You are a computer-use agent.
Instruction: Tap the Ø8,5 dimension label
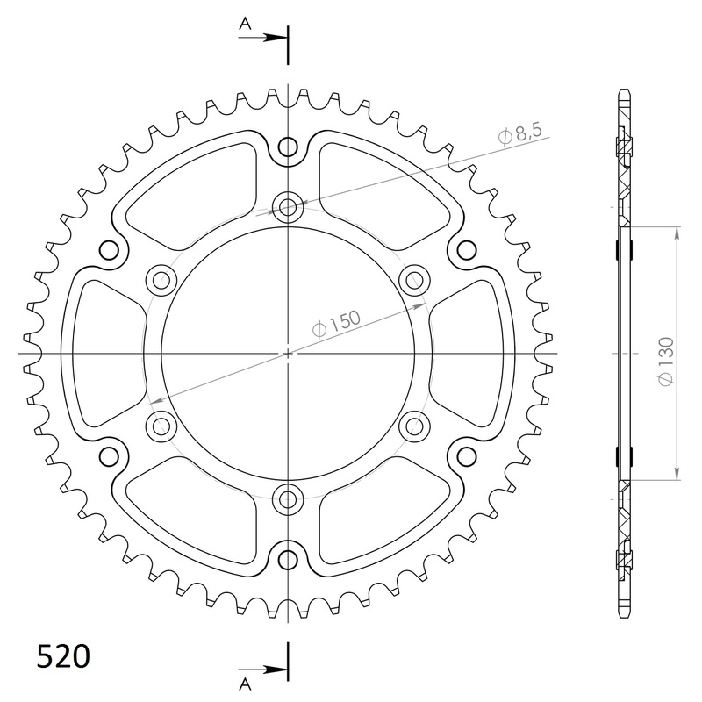tap(520, 134)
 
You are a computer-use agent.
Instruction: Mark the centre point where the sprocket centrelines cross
tap(288, 353)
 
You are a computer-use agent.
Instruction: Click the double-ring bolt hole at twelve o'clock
tap(288, 208)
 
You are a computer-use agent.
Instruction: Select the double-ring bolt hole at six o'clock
tap(288, 498)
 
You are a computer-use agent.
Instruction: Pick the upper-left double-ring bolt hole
tap(161, 280)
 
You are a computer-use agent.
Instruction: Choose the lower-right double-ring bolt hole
tap(413, 426)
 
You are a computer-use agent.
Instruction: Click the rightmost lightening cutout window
tap(480, 353)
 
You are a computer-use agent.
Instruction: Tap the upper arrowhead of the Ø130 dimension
tap(677, 232)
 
